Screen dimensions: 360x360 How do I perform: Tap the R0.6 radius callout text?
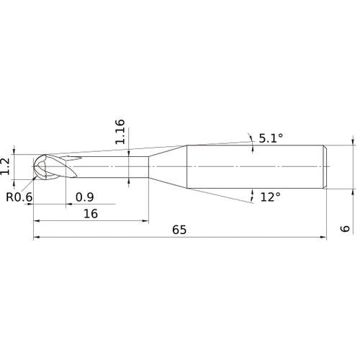(x=19, y=197)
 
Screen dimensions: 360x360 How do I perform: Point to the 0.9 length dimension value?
(x=84, y=197)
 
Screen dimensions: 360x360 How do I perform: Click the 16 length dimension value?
(x=90, y=215)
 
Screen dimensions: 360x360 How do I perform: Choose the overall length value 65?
(x=179, y=230)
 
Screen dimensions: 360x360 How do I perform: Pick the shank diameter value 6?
(x=345, y=228)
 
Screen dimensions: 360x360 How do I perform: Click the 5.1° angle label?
(x=270, y=139)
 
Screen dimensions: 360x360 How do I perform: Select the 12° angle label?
(x=269, y=197)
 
